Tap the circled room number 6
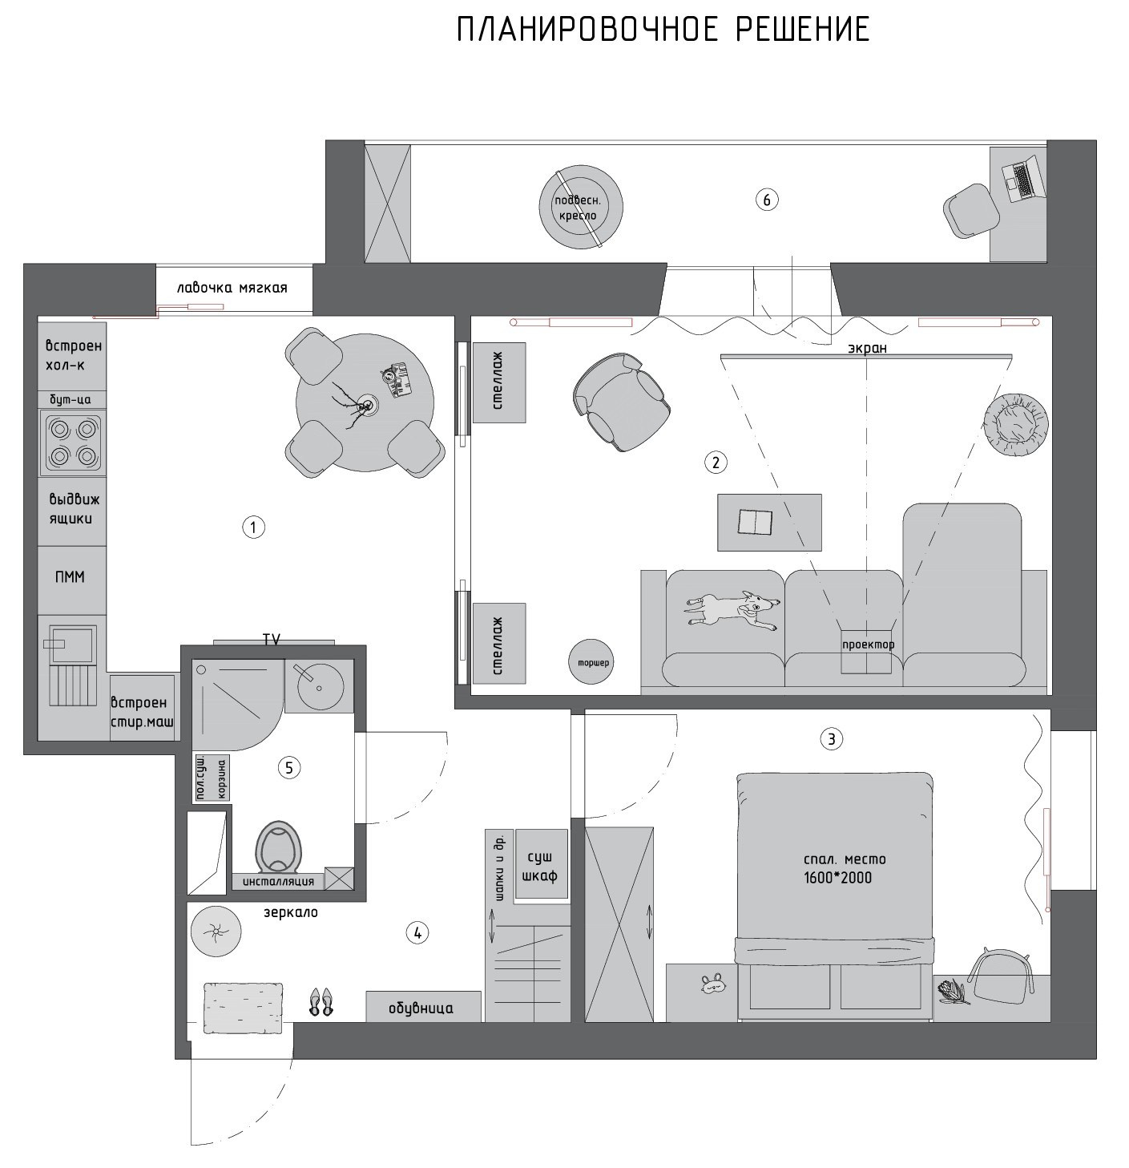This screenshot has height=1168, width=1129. coord(766,200)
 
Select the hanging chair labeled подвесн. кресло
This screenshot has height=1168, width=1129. coord(580,207)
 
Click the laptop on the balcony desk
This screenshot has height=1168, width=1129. coord(1022,178)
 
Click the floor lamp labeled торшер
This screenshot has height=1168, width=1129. coord(591,662)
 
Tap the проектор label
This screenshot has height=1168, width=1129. coord(868,645)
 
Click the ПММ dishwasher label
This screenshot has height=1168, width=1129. coord(71,577)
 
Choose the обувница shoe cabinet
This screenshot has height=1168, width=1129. coord(423,1008)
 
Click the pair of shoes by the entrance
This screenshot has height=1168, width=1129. coord(321,1002)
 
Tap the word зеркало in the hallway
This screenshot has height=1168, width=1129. coord(291,913)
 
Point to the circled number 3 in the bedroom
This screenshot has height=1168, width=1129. coord(831,739)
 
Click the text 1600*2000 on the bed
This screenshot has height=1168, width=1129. coord(837,878)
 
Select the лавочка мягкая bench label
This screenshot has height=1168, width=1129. coord(232,288)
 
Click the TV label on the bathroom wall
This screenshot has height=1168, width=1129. coord(272,639)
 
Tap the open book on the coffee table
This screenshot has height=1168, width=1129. coord(756,521)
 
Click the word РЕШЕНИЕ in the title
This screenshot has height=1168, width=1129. coord(803,30)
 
